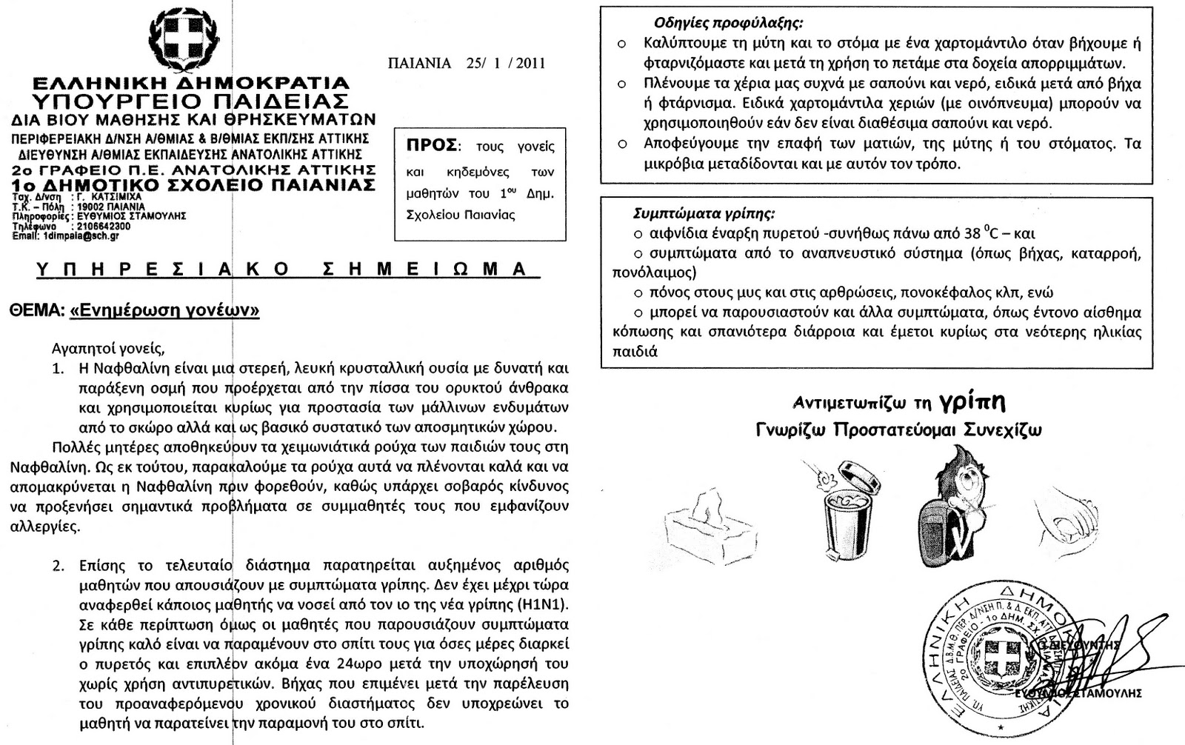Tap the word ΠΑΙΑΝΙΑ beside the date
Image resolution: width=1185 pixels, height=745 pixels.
[419, 63]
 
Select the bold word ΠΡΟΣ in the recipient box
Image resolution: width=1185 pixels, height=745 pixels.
[431, 144]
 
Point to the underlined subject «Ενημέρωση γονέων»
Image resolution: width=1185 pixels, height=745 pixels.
[164, 311]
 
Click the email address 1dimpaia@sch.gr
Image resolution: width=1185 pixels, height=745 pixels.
[81, 236]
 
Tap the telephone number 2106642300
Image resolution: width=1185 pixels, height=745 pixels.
[104, 227]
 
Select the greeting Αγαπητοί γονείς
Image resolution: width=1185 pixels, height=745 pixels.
[108, 347]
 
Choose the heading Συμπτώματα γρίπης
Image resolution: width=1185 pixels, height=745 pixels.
[704, 214]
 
